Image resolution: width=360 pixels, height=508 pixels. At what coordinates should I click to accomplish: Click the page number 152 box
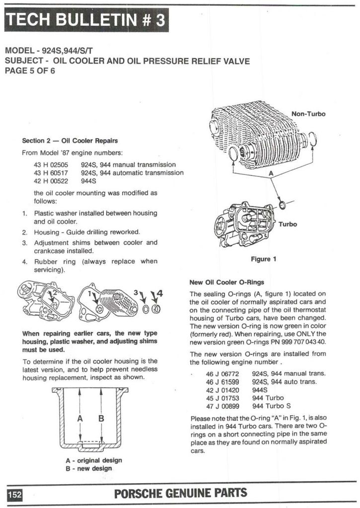pyautogui.click(x=15, y=495)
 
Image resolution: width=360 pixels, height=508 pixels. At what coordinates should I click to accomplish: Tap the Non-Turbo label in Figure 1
pyautogui.click(x=308, y=114)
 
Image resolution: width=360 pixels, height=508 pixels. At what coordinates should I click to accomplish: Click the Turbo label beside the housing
pyautogui.click(x=288, y=224)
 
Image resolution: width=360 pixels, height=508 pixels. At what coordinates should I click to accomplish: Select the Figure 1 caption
pyautogui.click(x=264, y=259)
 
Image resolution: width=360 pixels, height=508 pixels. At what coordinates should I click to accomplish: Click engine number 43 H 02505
pyautogui.click(x=51, y=164)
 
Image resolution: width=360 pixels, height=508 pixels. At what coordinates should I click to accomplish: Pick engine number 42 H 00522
pyautogui.click(x=51, y=181)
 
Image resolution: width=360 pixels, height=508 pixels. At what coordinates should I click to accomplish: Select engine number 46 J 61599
pyautogui.click(x=222, y=382)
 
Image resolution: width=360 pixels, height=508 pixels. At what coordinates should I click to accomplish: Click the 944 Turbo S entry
pyautogui.click(x=271, y=406)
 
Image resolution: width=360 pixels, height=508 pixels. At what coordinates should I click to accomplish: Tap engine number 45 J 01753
pyautogui.click(x=222, y=398)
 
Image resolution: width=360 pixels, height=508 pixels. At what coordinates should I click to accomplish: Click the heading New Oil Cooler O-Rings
pyautogui.click(x=227, y=282)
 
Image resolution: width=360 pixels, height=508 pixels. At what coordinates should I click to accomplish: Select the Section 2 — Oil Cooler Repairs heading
pyautogui.click(x=70, y=141)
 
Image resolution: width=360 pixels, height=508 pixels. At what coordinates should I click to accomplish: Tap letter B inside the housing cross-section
pyautogui.click(x=101, y=419)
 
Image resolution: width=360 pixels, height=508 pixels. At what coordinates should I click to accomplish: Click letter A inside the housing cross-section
pyautogui.click(x=80, y=419)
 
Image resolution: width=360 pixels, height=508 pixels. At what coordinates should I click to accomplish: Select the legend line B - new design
pyautogui.click(x=88, y=468)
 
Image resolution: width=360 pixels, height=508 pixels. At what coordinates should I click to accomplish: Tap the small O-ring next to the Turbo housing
pyautogui.click(x=282, y=205)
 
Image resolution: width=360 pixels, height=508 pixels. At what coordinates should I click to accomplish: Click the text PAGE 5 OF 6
pyautogui.click(x=30, y=71)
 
